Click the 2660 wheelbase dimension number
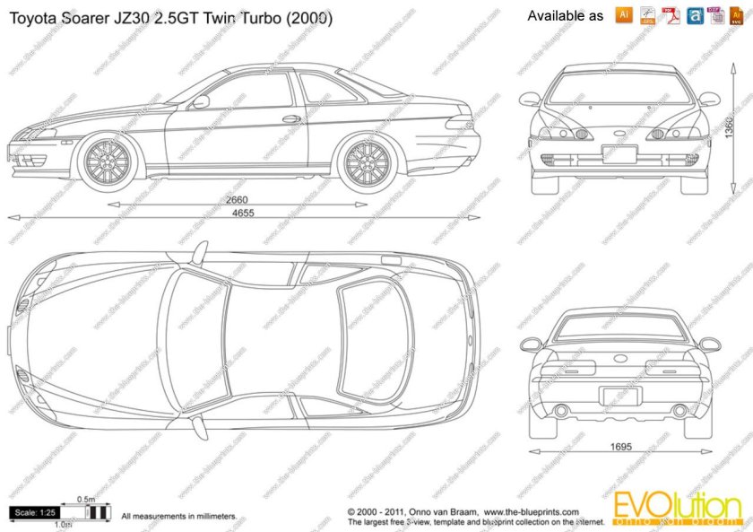point(237,199)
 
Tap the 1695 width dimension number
point(621,447)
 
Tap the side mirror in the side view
point(200,101)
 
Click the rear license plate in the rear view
point(619,396)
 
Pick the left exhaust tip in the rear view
point(562,411)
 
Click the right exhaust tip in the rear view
point(679,411)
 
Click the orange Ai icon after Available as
point(624,15)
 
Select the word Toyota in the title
point(34,17)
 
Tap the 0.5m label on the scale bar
point(86,499)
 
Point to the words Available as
point(565,16)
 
